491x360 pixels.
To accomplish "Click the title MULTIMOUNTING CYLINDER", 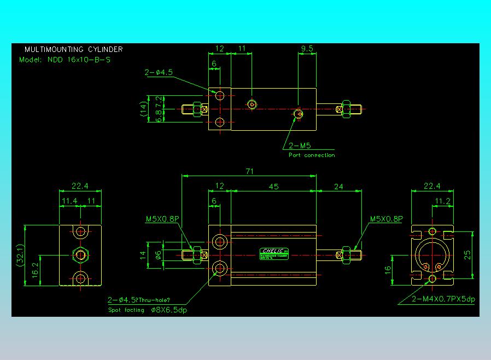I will click(x=73, y=49).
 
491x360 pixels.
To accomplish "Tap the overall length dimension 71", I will click(x=249, y=172).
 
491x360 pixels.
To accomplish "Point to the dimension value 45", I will click(x=274, y=187).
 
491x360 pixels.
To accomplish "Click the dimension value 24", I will click(x=338, y=187).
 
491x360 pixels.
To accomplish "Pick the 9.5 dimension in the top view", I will click(x=307, y=48).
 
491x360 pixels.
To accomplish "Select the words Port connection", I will click(x=312, y=155).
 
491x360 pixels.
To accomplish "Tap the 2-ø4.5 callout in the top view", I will click(x=159, y=72).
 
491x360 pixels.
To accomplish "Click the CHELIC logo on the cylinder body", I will click(x=274, y=251).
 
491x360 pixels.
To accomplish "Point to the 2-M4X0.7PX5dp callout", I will click(x=443, y=299).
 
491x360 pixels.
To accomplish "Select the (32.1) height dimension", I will click(x=20, y=255).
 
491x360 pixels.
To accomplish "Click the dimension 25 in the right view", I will click(x=466, y=256).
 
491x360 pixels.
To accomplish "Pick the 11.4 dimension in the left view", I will click(x=69, y=201).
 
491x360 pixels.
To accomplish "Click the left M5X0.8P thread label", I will click(x=162, y=219).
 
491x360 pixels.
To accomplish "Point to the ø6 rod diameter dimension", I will click(x=158, y=254).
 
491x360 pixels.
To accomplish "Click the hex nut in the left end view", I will click(x=81, y=255).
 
